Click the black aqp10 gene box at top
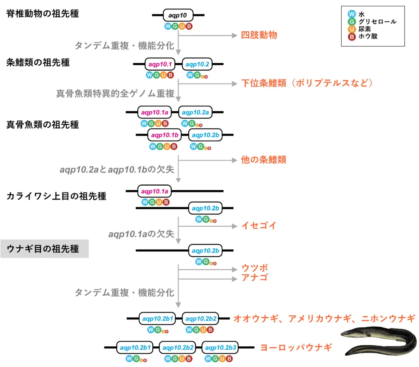tap(178, 16)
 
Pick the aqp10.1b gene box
tap(164, 135)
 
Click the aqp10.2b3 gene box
tap(220, 348)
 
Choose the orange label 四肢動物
tap(259, 35)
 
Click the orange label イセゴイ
tap(259, 226)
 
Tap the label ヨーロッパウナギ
tap(296, 348)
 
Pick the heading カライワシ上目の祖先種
tap(56, 196)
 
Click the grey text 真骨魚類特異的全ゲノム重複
tap(115, 94)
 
